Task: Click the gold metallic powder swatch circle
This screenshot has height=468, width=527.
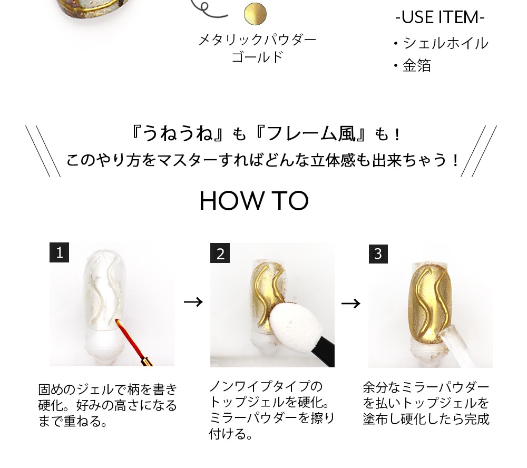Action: click(255, 14)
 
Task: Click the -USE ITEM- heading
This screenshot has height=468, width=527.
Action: click(440, 17)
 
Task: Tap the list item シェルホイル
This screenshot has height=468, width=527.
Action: click(445, 43)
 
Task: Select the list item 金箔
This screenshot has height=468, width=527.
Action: click(417, 65)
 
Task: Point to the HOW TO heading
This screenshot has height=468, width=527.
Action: click(254, 201)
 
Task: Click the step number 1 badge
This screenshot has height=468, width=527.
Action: click(59, 252)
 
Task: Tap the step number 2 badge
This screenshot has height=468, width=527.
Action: click(220, 253)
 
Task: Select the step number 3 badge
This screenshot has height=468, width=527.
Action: click(378, 254)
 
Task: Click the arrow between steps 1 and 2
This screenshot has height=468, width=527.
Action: click(193, 301)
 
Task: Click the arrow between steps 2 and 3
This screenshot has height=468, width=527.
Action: click(350, 303)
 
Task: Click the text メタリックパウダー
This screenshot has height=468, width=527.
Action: click(258, 41)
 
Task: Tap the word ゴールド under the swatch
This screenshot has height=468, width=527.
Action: click(258, 56)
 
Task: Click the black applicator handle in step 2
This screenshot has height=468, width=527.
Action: click(322, 353)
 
